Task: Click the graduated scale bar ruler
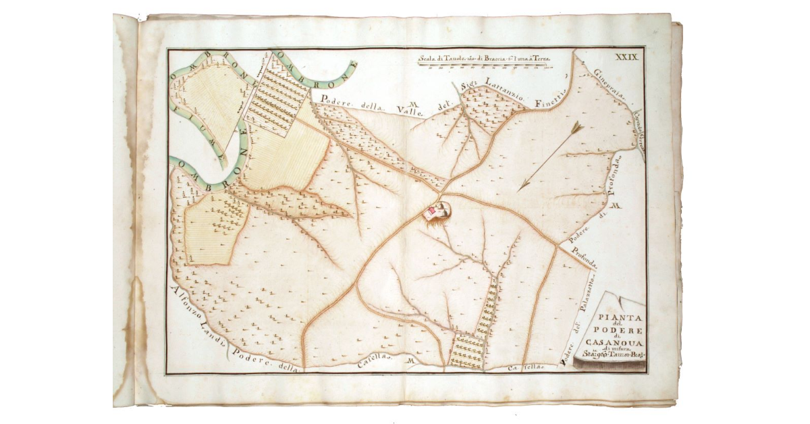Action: tap(485, 67)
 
